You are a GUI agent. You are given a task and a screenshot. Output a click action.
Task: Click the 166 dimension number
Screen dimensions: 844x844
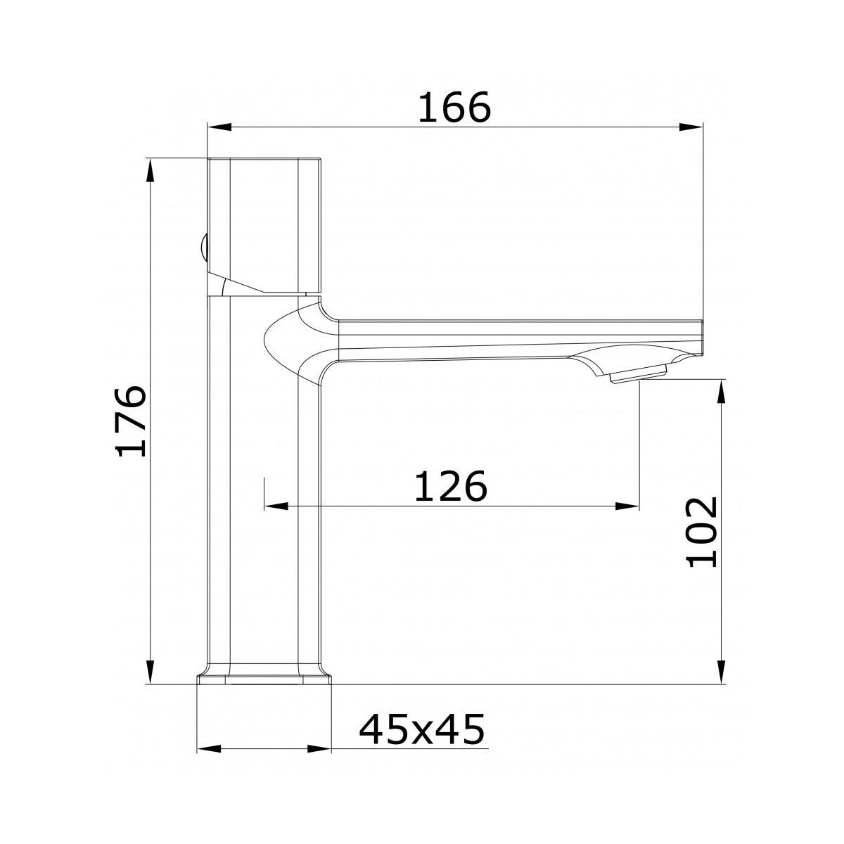(454, 108)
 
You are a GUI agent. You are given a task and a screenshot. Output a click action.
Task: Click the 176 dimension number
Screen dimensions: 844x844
(130, 421)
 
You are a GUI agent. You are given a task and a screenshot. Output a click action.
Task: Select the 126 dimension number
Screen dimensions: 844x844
(450, 486)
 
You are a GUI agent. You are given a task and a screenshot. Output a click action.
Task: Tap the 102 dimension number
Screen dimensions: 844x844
(701, 532)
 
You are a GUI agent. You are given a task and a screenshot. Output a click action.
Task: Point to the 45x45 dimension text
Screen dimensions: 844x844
(422, 729)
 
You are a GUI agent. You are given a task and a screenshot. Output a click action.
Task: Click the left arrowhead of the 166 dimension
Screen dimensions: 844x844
(219, 127)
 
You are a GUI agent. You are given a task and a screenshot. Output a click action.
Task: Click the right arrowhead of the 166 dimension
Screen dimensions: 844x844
(691, 127)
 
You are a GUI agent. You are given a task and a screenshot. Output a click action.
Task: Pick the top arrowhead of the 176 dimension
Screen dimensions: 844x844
(151, 170)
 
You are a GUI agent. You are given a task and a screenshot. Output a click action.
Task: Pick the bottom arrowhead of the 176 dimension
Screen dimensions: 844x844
(151, 672)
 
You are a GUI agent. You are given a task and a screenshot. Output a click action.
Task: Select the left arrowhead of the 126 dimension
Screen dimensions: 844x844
(276, 506)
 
